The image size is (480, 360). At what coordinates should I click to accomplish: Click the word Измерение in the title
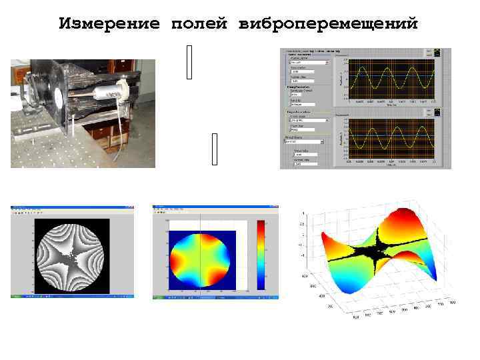tap(109, 25)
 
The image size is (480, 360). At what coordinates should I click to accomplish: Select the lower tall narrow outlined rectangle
tap(214, 149)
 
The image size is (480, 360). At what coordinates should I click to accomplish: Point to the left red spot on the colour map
tap(179, 254)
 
